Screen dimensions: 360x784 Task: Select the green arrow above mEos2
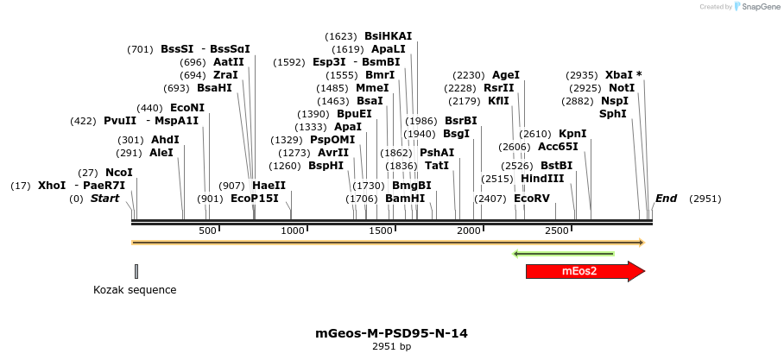[563, 254]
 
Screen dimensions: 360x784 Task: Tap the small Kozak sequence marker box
[136, 272]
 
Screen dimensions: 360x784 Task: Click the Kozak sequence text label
[135, 290]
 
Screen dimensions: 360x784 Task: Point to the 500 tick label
[207, 231]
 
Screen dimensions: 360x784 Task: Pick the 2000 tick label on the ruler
[469, 231]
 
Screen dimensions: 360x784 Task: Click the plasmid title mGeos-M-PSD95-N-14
[392, 333]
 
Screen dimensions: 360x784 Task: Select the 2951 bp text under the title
[392, 346]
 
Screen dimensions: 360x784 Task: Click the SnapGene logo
[756, 7]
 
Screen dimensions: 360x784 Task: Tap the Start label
[104, 199]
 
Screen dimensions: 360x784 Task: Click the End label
[666, 199]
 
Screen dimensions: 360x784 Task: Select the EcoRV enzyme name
[531, 199]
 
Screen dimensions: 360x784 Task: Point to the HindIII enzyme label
[541, 179]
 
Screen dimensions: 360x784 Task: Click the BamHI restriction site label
[405, 199]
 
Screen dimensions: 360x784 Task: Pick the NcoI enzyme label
[119, 173]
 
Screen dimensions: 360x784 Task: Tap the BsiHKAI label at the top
[388, 36]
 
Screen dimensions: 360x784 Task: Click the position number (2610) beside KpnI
[534, 134]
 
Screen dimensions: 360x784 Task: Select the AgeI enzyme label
[505, 75]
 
